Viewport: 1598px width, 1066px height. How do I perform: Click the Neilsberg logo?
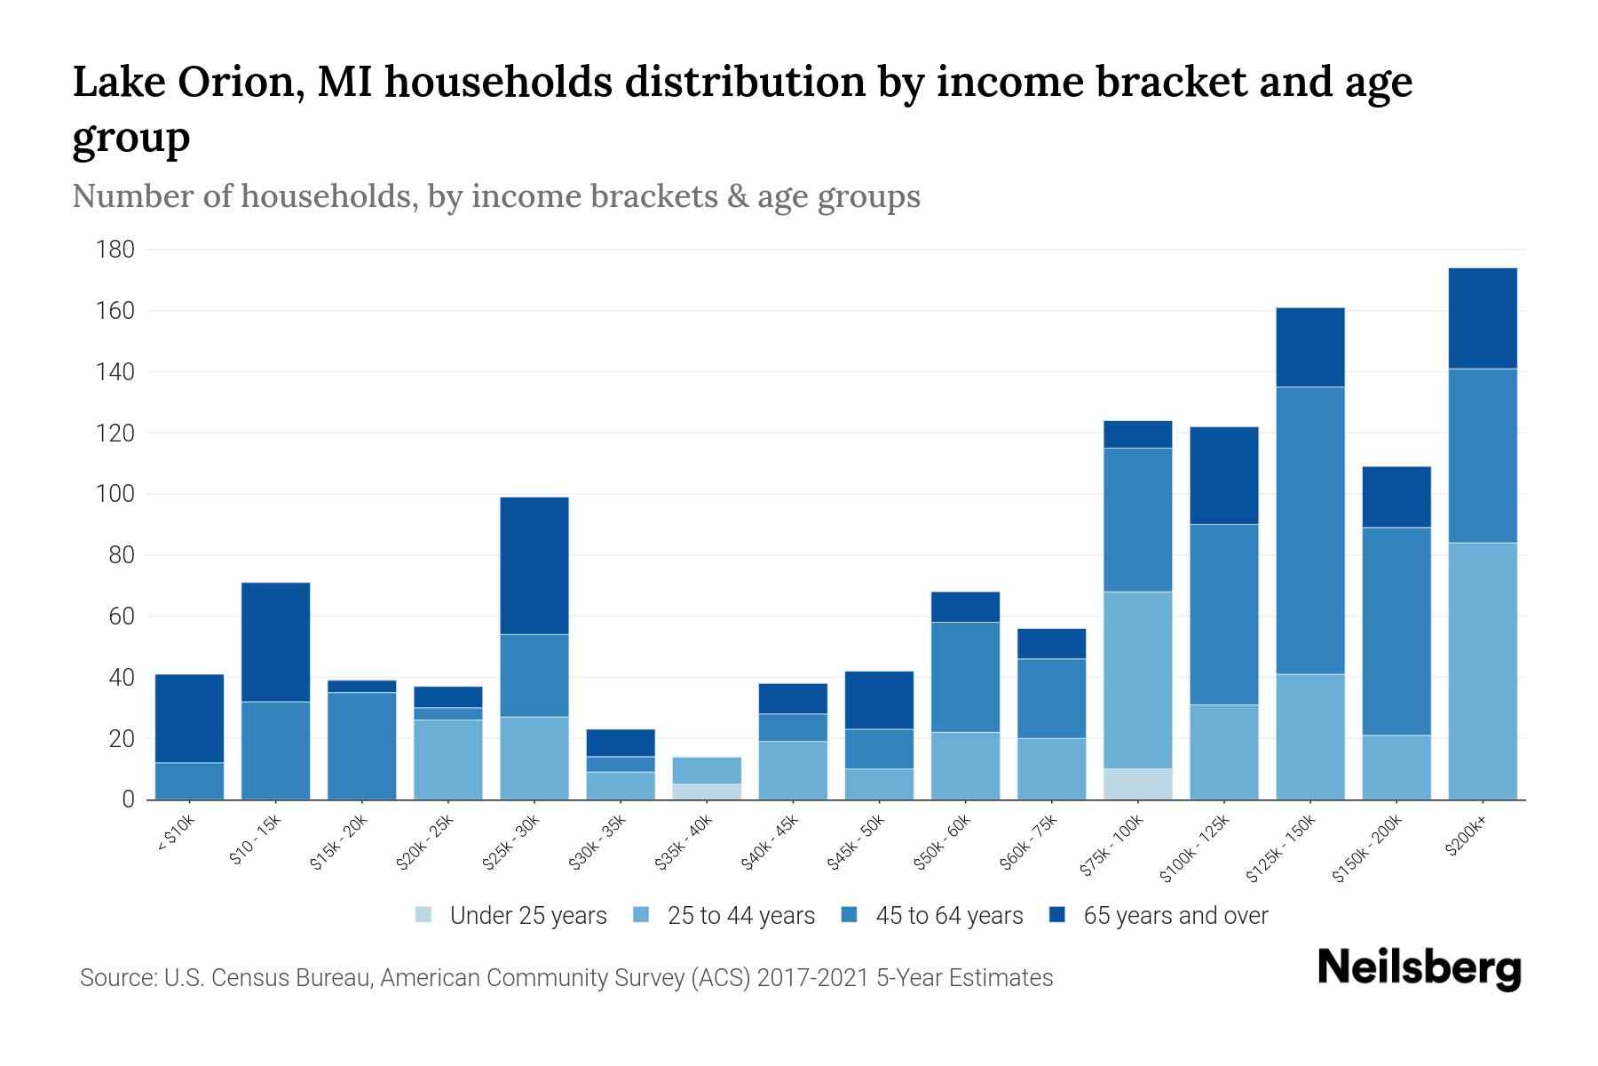[1419, 968]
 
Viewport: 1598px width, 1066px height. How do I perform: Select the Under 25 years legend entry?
[511, 916]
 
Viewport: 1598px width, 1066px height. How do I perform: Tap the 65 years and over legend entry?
[1159, 916]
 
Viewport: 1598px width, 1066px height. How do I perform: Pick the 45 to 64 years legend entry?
[932, 916]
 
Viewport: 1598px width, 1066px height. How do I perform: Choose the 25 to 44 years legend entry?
[724, 916]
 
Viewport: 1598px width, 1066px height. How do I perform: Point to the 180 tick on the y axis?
[115, 250]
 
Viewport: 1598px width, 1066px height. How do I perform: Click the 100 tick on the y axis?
[115, 494]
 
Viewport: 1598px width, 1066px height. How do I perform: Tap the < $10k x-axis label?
[176, 835]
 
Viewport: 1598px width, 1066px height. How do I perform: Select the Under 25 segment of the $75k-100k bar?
[1137, 784]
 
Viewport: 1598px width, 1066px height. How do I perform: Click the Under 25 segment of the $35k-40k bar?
[707, 792]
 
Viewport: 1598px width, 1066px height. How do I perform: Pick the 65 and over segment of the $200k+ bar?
[1482, 318]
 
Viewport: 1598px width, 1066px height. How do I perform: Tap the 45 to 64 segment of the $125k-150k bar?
[1309, 530]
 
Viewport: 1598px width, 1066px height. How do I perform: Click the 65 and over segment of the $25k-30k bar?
[534, 565]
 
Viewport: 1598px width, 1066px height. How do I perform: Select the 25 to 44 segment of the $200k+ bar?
[1482, 671]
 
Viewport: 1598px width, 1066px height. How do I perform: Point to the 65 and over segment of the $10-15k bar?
[275, 641]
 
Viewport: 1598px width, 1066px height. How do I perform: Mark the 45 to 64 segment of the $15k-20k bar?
[361, 745]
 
